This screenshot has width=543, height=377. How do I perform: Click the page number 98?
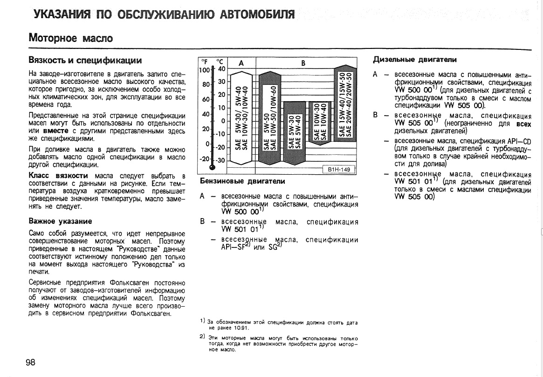(30, 363)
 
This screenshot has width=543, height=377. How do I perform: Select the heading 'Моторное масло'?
(71, 38)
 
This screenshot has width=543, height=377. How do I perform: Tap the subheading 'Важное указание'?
(60, 221)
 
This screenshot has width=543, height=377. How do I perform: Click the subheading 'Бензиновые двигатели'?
(242, 181)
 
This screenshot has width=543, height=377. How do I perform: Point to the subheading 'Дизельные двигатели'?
(414, 60)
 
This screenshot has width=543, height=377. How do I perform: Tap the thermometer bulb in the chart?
(213, 167)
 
